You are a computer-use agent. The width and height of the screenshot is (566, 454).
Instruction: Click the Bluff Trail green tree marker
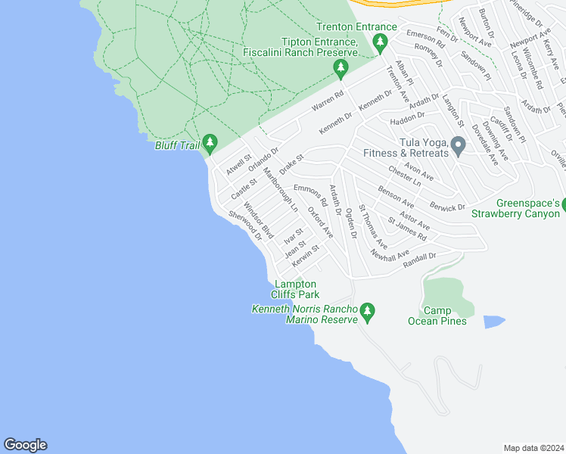[210, 142]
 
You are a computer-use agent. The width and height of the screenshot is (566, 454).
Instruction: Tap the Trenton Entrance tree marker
[381, 42]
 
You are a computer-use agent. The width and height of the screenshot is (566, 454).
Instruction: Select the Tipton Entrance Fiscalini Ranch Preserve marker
[341, 69]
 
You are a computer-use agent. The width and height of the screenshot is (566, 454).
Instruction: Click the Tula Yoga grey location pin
[457, 145]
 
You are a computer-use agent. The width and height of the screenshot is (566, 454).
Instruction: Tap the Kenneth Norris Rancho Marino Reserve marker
[368, 311]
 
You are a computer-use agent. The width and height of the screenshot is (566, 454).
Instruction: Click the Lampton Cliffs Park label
[297, 289]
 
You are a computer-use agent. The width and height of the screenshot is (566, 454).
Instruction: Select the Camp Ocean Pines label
[443, 316]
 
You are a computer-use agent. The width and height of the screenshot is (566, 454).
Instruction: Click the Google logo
[25, 445]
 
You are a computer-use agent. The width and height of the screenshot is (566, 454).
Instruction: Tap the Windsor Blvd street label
[257, 217]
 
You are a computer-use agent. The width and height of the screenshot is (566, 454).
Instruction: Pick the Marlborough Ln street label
[281, 188]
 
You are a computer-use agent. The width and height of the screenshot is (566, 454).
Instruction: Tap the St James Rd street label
[407, 230]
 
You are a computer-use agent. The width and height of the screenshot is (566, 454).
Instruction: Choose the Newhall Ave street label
[390, 256]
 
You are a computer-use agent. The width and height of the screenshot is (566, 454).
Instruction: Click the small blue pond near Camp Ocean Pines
[494, 322]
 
